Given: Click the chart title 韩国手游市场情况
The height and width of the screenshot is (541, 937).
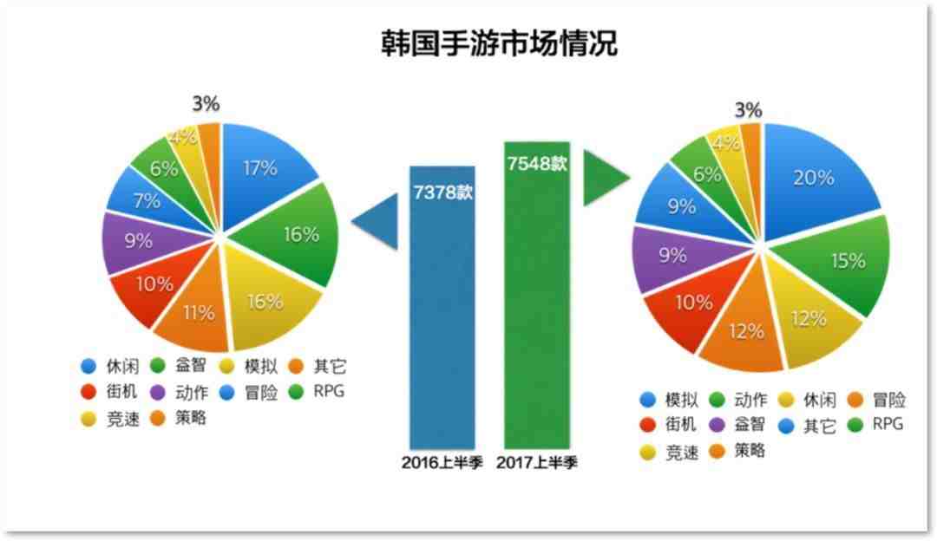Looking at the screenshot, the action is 499,43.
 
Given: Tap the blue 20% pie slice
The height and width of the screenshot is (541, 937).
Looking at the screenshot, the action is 816,179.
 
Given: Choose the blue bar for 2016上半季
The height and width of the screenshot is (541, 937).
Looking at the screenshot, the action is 442,308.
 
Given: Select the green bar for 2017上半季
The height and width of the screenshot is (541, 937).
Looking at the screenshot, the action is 537,295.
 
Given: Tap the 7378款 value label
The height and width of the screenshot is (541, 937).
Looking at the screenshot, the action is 442,192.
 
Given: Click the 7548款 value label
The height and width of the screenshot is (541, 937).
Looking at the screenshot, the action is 537,162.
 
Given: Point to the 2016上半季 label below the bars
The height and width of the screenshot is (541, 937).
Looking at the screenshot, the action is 442,462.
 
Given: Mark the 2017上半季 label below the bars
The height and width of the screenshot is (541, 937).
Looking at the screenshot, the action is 537,462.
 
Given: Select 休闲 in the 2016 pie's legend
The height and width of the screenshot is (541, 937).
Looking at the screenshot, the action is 122,366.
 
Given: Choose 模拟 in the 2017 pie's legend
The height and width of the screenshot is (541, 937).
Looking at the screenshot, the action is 681,400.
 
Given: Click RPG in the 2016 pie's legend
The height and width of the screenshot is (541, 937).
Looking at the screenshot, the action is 329,391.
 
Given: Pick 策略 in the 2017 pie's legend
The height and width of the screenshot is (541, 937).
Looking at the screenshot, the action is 750,451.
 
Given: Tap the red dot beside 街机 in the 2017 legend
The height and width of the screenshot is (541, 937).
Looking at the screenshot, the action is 648,425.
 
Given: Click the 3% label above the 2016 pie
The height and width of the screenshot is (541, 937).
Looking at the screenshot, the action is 206,104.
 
